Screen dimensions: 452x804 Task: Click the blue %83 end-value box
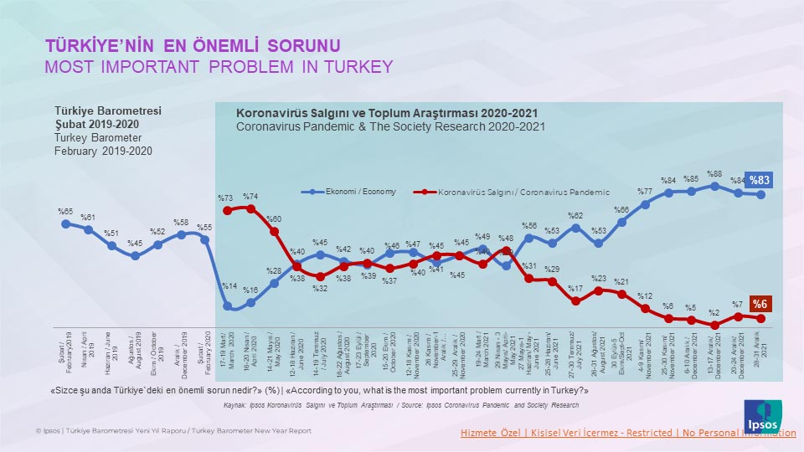coord(760,180)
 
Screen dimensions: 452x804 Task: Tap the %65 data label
coord(65,212)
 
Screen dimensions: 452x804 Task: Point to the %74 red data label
coord(250,196)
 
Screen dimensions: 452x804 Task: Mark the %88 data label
coord(714,174)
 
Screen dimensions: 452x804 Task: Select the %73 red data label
coord(226,198)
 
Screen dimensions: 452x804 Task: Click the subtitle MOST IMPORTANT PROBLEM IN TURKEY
coord(218,67)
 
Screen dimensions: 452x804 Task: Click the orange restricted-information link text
coord(628,432)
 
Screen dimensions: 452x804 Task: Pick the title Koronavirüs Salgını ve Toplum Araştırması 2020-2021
coord(386,112)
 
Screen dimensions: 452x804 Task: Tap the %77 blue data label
coord(644,190)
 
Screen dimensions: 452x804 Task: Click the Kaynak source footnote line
coord(401,405)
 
